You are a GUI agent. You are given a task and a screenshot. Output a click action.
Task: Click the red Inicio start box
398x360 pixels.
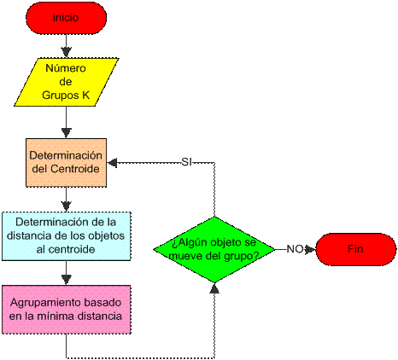pos(67,16)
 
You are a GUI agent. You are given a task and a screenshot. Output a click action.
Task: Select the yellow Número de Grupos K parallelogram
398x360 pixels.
pos(66,82)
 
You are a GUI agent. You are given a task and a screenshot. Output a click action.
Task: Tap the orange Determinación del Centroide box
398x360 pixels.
pos(66,162)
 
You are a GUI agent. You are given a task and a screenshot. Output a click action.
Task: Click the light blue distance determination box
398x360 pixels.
pos(66,235)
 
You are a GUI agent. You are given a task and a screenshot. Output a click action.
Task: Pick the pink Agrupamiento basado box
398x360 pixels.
pos(66,309)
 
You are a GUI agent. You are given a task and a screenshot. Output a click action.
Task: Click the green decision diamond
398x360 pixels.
pos(214,248)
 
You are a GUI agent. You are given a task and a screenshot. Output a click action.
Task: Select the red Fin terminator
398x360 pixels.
pos(355,248)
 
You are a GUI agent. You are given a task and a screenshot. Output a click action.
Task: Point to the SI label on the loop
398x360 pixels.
pos(186,162)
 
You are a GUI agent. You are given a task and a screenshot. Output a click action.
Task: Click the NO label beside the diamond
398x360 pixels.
pos(295,248)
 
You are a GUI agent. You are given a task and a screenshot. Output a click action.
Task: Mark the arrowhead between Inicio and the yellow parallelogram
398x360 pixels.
pos(66,52)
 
